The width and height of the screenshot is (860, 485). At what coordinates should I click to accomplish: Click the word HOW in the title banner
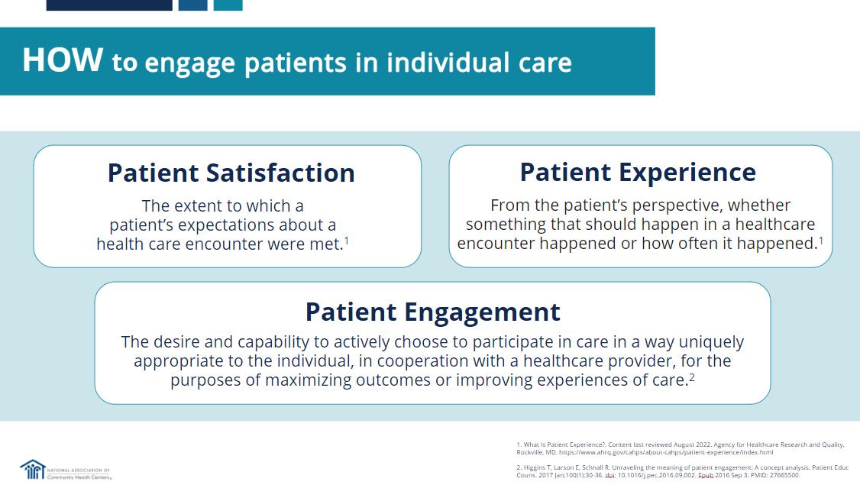click(x=63, y=60)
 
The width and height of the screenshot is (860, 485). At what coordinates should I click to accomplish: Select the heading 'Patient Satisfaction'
click(x=231, y=173)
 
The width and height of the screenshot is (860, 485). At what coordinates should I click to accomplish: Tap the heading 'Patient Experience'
click(x=638, y=173)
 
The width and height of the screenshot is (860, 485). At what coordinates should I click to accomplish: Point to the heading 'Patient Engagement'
click(x=433, y=312)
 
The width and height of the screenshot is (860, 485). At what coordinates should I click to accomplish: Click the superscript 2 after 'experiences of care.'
click(x=692, y=377)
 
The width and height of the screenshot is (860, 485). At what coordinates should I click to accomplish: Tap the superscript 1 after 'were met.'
click(x=347, y=241)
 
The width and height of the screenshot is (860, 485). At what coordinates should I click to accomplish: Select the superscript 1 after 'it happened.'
click(x=821, y=240)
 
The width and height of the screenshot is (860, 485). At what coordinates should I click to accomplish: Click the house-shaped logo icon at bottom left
click(x=33, y=470)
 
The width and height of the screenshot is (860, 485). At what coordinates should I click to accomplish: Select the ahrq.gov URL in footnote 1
click(x=666, y=453)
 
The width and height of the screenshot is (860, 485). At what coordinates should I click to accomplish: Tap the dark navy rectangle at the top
click(x=109, y=5)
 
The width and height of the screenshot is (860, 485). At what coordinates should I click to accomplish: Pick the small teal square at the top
click(x=228, y=5)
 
